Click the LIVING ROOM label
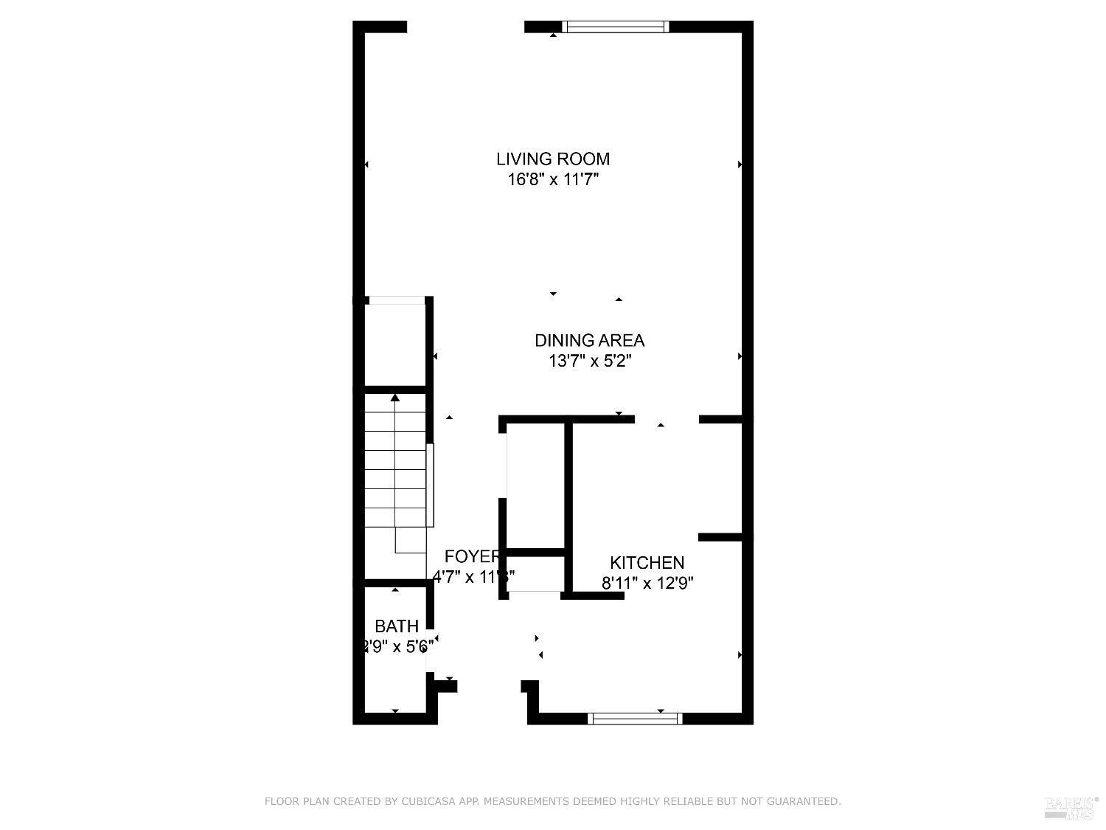pos(552,159)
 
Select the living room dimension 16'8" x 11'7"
pos(552,179)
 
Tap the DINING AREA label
pos(589,340)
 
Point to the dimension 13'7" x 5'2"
pos(589,361)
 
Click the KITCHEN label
pos(647,562)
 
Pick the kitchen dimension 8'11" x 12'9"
pos(647,583)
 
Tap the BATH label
pos(397,626)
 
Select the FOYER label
pos(473,556)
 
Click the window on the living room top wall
pos(616,27)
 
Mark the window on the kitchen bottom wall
pos(635,718)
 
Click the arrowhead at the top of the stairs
pos(395,398)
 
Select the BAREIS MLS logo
pos(1071,807)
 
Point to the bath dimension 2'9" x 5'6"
pos(397,647)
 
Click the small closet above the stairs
pos(395,344)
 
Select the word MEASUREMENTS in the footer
pos(530,801)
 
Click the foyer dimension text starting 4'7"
pos(473,576)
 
